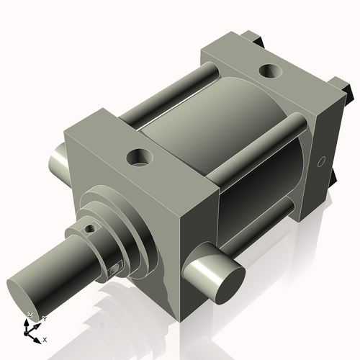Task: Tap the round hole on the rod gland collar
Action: pos(89,229)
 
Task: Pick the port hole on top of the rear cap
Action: pos(271,71)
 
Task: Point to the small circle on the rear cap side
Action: pos(322,159)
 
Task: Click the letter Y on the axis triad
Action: pos(44,318)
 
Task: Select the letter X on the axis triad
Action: pos(45,338)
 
